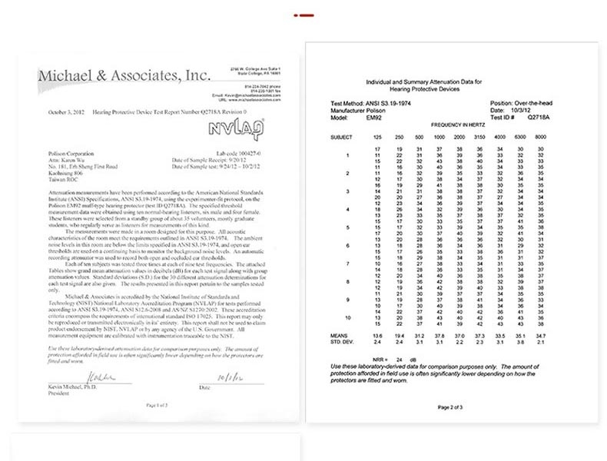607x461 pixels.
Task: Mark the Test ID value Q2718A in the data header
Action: [x=538, y=118]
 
